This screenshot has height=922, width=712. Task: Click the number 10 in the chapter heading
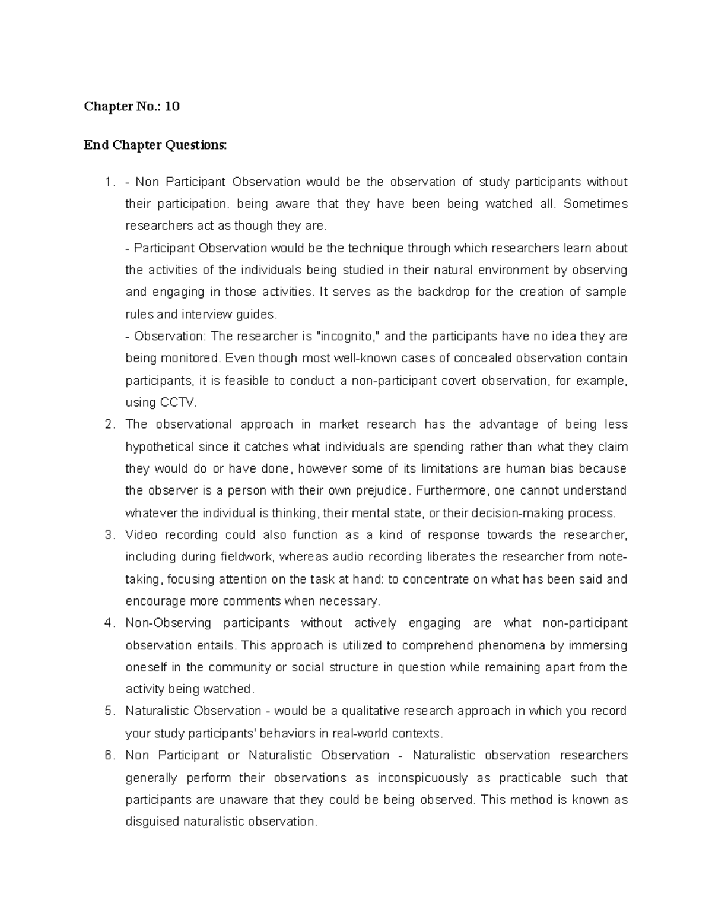point(172,107)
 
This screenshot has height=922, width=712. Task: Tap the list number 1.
point(108,182)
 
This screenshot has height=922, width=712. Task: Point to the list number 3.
point(108,535)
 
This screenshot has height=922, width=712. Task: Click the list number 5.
point(108,711)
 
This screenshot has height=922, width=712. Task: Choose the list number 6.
point(108,756)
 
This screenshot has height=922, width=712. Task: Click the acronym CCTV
point(177,403)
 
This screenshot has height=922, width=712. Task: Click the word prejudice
point(382,491)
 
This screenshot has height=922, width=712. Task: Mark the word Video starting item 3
point(141,535)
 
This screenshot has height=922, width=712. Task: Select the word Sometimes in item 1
point(595,204)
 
